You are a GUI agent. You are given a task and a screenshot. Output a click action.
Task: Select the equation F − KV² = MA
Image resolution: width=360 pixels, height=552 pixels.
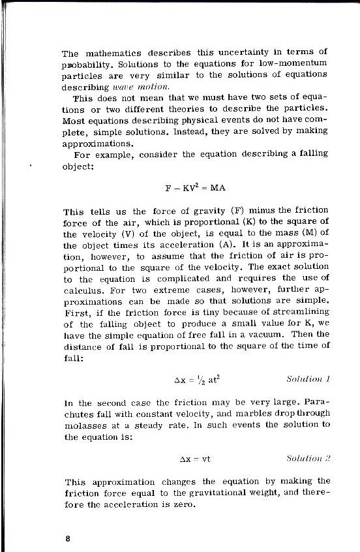tap(195, 188)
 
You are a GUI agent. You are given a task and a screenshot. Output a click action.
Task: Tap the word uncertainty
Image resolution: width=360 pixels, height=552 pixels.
tap(239, 52)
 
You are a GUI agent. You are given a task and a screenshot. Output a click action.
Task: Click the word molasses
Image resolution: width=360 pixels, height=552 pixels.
tap(83, 424)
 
